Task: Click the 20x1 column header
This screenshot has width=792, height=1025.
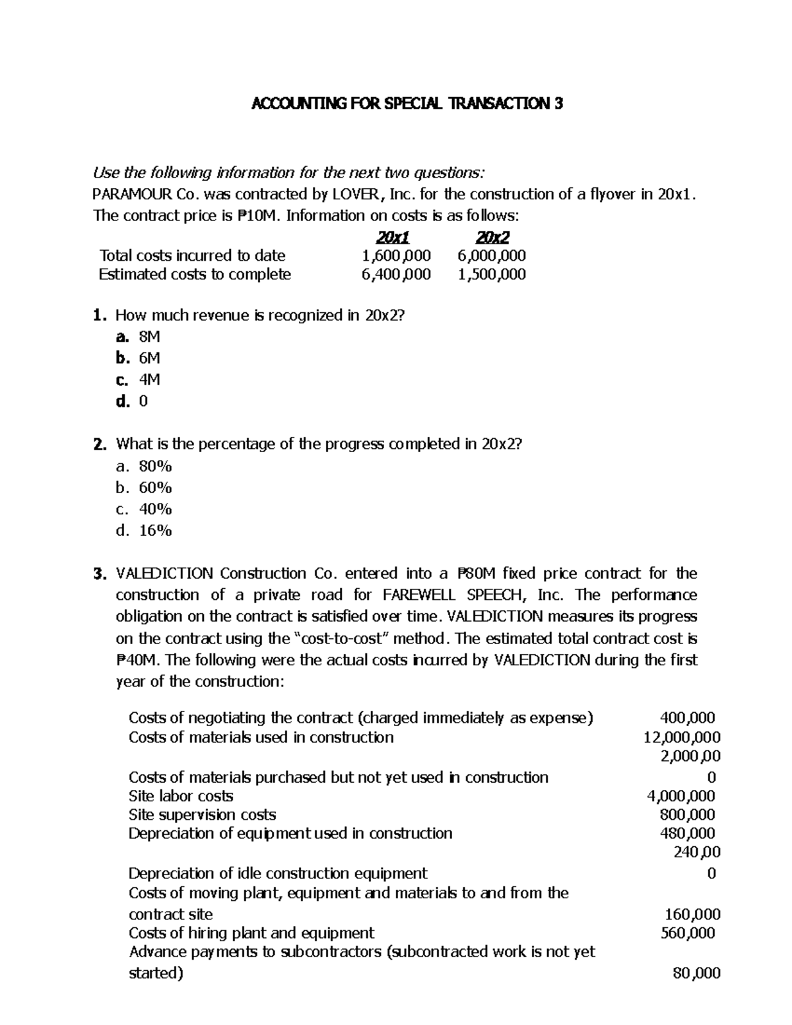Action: pyautogui.click(x=392, y=237)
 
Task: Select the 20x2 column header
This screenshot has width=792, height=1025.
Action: pyautogui.click(x=492, y=237)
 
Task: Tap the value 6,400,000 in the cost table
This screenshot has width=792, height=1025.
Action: pyautogui.click(x=396, y=275)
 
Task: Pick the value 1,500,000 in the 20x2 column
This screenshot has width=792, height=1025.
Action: pyautogui.click(x=492, y=275)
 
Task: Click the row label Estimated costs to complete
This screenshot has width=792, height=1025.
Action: pyautogui.click(x=195, y=275)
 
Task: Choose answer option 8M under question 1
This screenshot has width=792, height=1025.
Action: pyautogui.click(x=149, y=337)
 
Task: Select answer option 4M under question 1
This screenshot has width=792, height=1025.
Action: pyautogui.click(x=149, y=380)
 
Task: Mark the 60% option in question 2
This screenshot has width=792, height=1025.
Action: pyautogui.click(x=155, y=488)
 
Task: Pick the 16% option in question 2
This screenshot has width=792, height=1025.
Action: pyautogui.click(x=155, y=531)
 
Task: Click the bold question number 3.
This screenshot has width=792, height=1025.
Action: pyautogui.click(x=100, y=574)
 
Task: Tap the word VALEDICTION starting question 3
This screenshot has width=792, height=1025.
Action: pyautogui.click(x=164, y=574)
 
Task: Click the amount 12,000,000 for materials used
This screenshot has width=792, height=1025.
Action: pyautogui.click(x=682, y=737)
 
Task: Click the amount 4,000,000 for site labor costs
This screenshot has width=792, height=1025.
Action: pyautogui.click(x=681, y=796)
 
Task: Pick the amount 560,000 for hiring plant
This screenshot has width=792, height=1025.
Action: pyautogui.click(x=688, y=933)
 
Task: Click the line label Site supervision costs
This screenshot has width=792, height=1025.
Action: pyautogui.click(x=202, y=814)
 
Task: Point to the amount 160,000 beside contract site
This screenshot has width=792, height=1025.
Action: pyautogui.click(x=692, y=914)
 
